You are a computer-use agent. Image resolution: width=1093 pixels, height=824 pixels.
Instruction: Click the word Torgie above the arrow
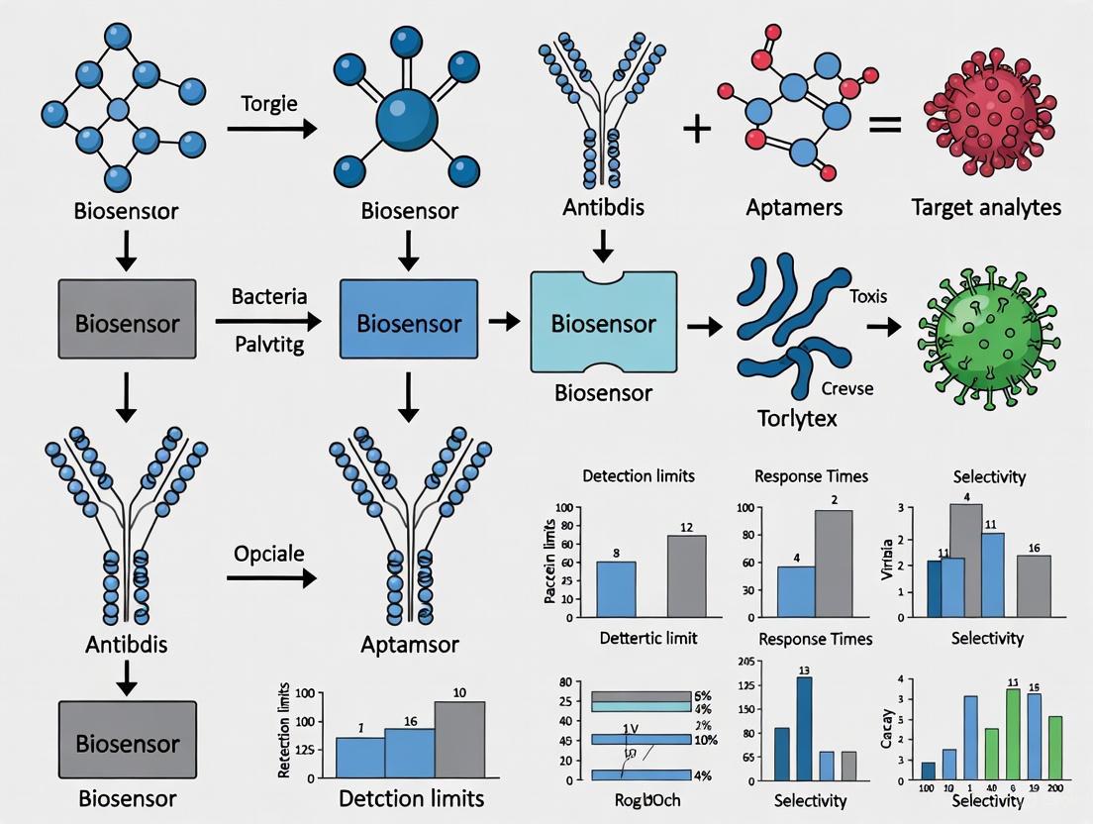pos(269,104)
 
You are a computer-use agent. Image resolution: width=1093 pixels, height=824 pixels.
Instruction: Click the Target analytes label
pos(987,207)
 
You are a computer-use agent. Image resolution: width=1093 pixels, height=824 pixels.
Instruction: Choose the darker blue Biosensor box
pos(409,323)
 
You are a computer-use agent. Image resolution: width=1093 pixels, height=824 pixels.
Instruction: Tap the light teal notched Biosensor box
pos(603,323)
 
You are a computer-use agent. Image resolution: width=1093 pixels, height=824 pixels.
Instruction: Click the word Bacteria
pos(269,296)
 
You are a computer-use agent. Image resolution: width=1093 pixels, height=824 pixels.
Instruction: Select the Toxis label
pos(868,296)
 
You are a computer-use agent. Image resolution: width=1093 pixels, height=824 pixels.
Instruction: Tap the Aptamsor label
pos(410,645)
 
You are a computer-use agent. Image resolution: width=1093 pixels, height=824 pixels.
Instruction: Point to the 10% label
pos(706,740)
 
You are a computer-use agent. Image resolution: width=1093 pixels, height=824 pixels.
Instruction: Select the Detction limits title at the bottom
pos(411,798)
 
